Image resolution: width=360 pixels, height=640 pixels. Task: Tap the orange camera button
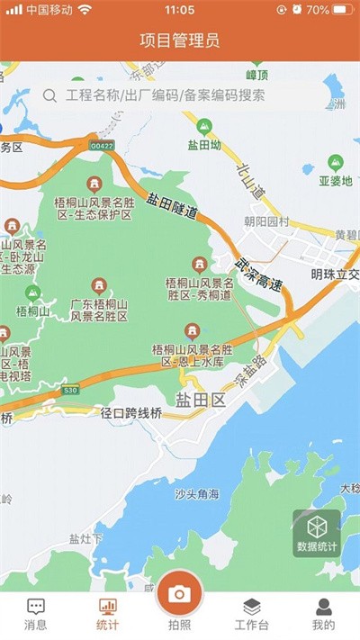pos(179,593)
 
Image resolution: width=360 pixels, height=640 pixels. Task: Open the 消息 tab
pos(36,614)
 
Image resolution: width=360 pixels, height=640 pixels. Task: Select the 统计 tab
pos(108,614)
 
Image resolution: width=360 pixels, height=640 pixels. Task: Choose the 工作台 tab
pos(252,614)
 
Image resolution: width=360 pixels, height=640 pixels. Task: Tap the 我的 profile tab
pos(323,614)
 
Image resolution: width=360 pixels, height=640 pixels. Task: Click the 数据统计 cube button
pos(317,533)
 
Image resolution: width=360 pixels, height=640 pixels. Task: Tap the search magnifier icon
pos(50,95)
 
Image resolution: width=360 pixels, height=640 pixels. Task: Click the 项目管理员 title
pos(180,40)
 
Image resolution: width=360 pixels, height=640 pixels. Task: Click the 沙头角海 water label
pos(197,494)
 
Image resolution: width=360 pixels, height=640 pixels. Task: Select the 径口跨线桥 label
pos(131,413)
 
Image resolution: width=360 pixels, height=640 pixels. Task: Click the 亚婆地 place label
pos(336,179)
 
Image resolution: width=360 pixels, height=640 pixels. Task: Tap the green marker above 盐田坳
pos(204,126)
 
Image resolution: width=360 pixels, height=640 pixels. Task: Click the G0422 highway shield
pos(102,146)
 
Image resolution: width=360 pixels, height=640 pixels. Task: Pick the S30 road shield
pos(71,391)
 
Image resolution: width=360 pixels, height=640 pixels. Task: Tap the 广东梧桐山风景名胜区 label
pos(99,311)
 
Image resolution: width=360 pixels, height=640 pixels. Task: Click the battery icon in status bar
pos(343,10)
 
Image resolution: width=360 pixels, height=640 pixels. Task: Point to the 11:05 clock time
pos(180,10)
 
